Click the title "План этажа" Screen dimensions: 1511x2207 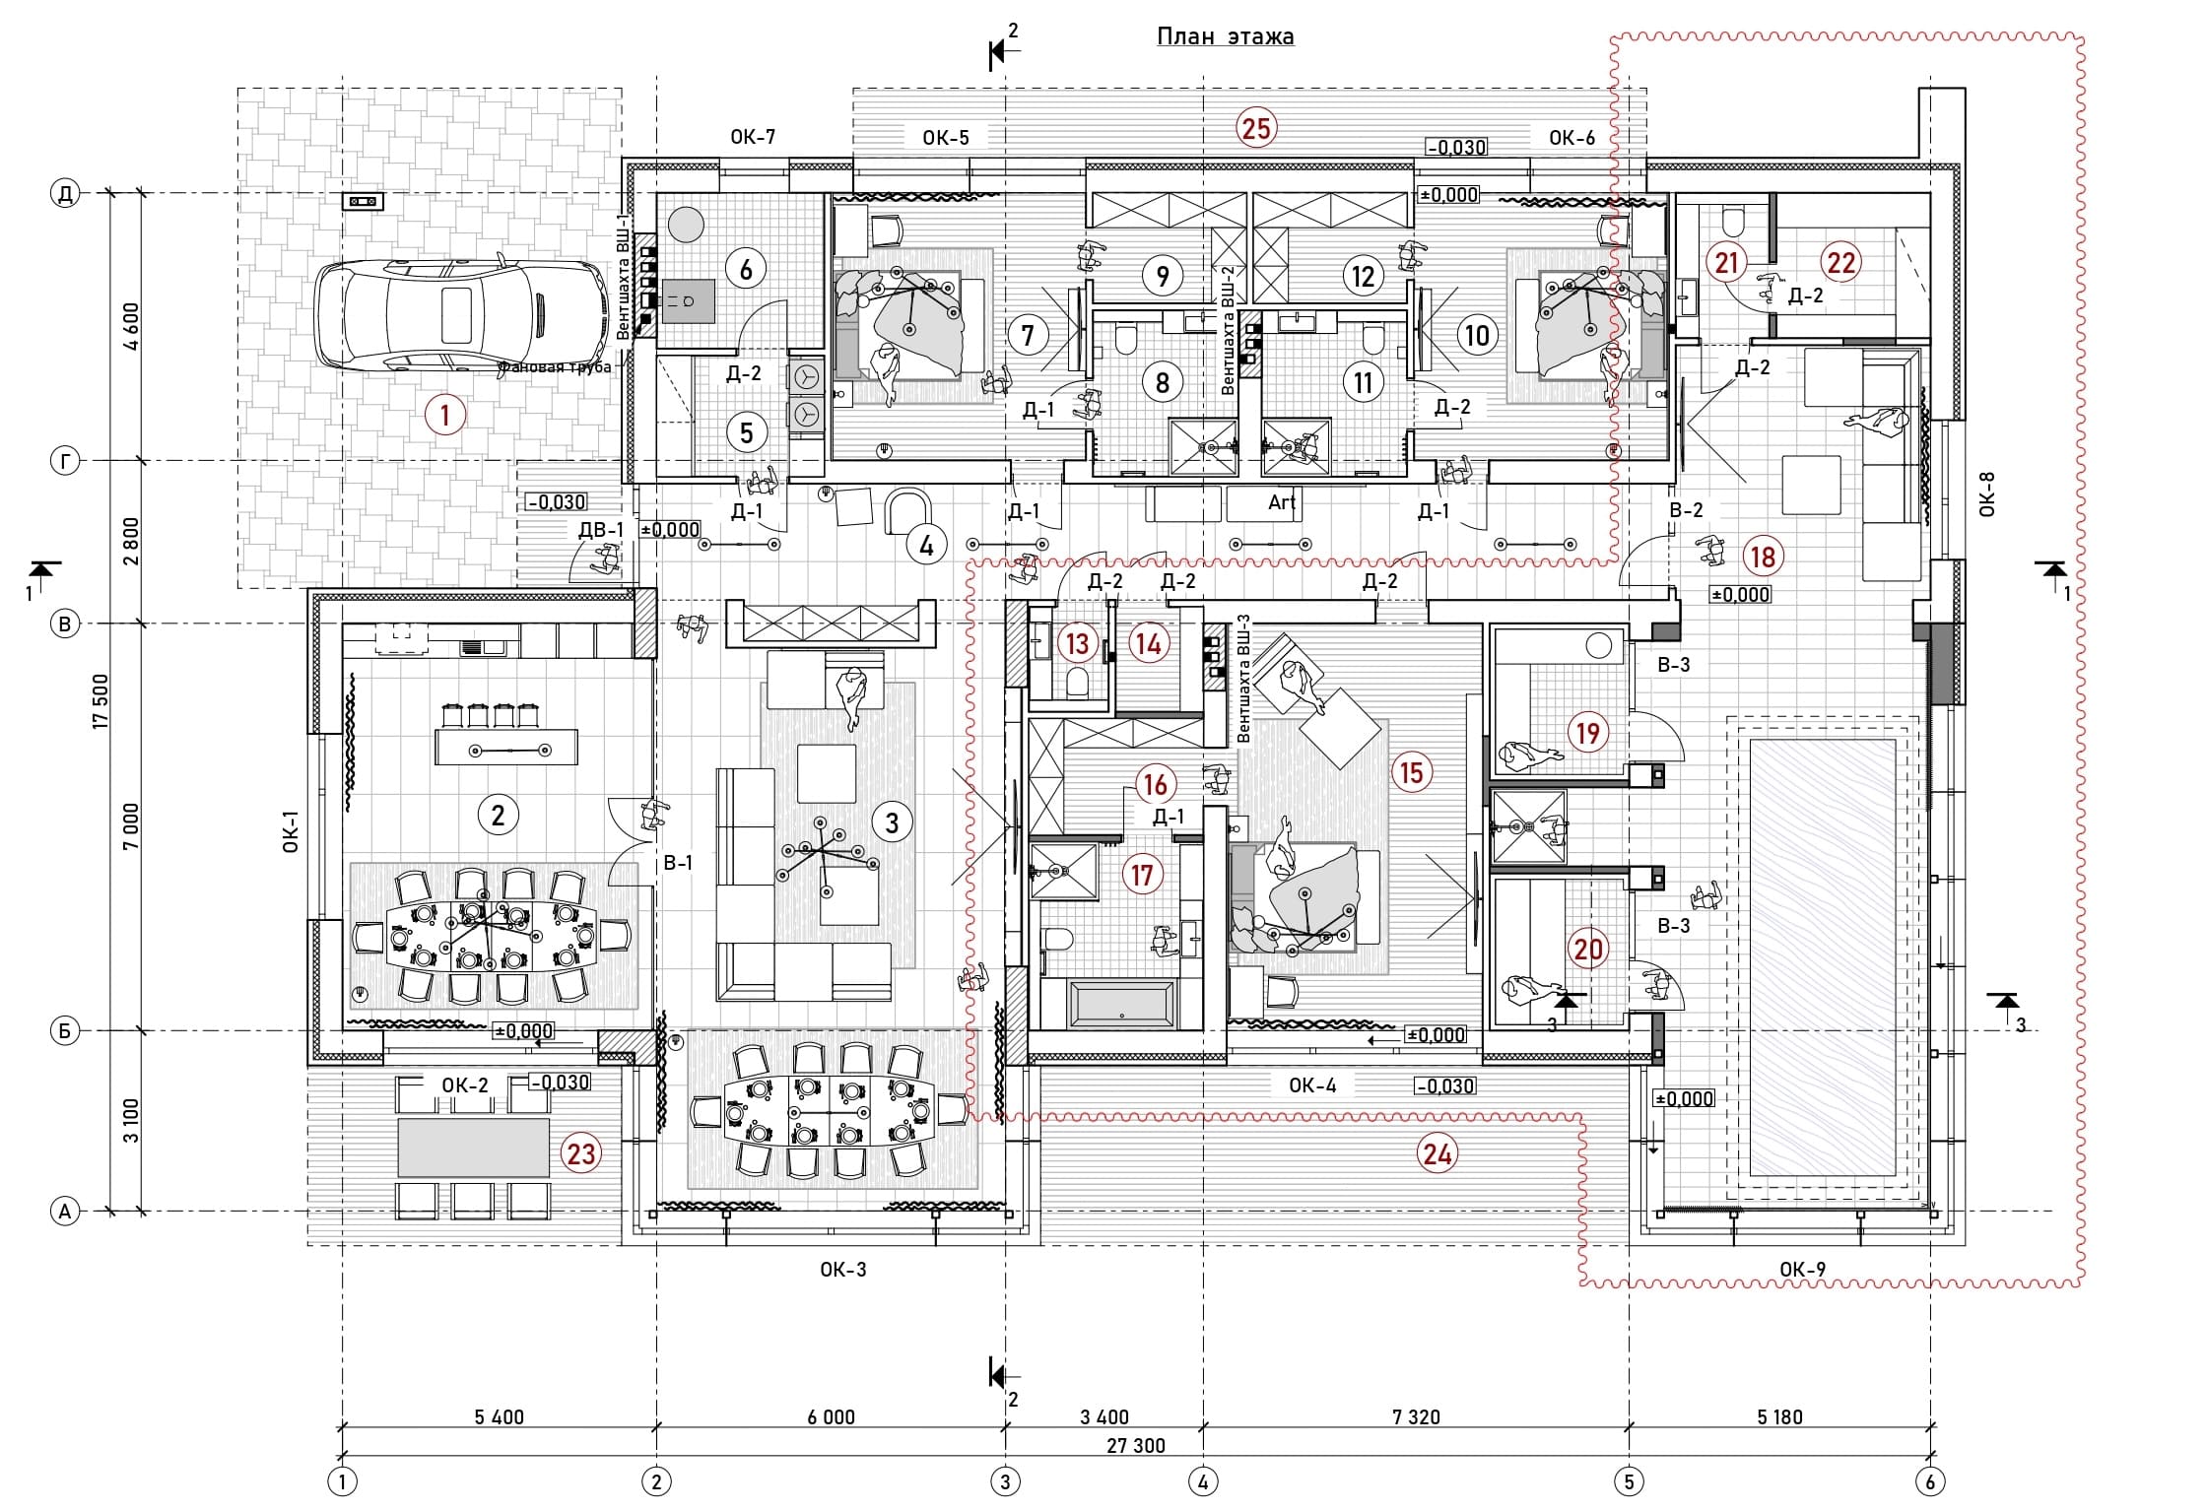pos(1225,37)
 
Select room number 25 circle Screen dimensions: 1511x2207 pos(1256,128)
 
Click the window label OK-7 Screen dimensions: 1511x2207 pos(753,137)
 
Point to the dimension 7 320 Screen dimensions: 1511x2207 pos(1416,1417)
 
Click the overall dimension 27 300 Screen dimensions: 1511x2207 pos(1135,1446)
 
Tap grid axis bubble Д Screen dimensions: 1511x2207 pos(65,194)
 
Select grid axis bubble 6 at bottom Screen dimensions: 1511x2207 pos(1929,1481)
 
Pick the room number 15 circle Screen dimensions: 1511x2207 pos(1412,772)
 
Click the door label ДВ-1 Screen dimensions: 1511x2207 pos(601,530)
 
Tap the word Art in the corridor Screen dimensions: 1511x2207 pos(1282,502)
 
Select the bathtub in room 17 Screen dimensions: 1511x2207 pos(1122,1005)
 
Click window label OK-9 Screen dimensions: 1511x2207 pos(1802,1270)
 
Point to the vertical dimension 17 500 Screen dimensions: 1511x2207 pos(100,701)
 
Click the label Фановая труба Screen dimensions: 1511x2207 pos(555,367)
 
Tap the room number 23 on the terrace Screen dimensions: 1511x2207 pos(581,1153)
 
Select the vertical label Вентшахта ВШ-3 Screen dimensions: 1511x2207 pos(1242,680)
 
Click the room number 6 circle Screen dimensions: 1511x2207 pos(746,269)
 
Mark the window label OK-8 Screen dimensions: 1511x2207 pos(1986,494)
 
